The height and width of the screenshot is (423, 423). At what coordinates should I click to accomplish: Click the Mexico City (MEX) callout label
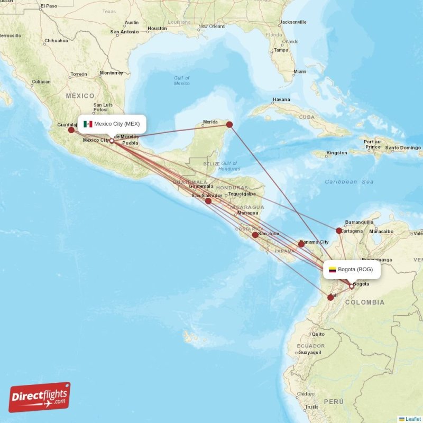point(112,124)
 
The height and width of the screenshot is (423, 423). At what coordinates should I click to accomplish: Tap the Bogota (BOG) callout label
point(351,270)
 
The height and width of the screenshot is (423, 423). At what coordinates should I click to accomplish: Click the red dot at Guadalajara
point(71,130)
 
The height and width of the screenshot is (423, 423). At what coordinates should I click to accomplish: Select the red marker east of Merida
point(229,125)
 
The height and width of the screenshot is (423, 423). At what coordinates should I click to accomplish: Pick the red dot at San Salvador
point(208,201)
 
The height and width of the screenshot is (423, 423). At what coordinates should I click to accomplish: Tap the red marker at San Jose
point(255,235)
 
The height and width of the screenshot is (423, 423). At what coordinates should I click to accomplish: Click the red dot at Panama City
point(301,244)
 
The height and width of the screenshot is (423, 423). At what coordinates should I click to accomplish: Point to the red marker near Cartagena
point(339,231)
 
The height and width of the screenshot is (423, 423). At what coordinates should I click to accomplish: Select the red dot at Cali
point(330,298)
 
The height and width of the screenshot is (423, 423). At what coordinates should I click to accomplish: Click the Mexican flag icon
point(88,124)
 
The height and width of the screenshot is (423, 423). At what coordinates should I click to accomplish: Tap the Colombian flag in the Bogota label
point(333,270)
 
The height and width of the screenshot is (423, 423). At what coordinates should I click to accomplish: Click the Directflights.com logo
point(40,397)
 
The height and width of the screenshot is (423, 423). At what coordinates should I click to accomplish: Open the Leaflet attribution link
point(413,419)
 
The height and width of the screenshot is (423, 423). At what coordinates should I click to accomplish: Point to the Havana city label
point(281,99)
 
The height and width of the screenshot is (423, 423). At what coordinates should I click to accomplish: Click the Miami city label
point(300,71)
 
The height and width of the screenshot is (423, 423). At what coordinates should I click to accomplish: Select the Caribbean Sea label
point(349,182)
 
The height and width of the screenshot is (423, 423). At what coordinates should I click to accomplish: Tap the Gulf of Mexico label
point(182,80)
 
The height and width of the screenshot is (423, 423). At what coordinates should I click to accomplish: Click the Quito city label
point(318,334)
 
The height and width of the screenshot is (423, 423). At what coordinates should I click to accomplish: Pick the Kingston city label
point(337,153)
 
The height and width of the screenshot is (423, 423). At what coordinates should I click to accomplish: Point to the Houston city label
point(157,28)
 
